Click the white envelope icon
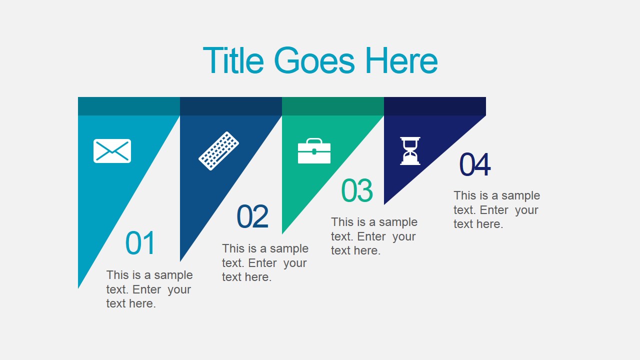(x=112, y=151)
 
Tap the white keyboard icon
(x=218, y=150)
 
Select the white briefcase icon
(x=314, y=151)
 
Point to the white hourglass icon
(x=410, y=151)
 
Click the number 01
(x=140, y=243)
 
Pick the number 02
(x=252, y=217)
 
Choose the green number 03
(x=357, y=191)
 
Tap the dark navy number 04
(x=475, y=165)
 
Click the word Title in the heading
(x=233, y=61)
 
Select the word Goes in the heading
(x=314, y=61)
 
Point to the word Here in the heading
(x=401, y=61)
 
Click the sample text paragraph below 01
(x=149, y=289)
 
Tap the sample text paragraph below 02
(x=265, y=262)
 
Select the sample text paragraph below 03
(x=374, y=236)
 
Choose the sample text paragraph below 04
(x=496, y=209)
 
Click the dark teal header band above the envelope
(x=129, y=106)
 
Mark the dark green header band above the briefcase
(x=333, y=106)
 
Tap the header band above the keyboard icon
(x=231, y=106)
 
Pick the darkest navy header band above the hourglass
(x=435, y=106)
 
